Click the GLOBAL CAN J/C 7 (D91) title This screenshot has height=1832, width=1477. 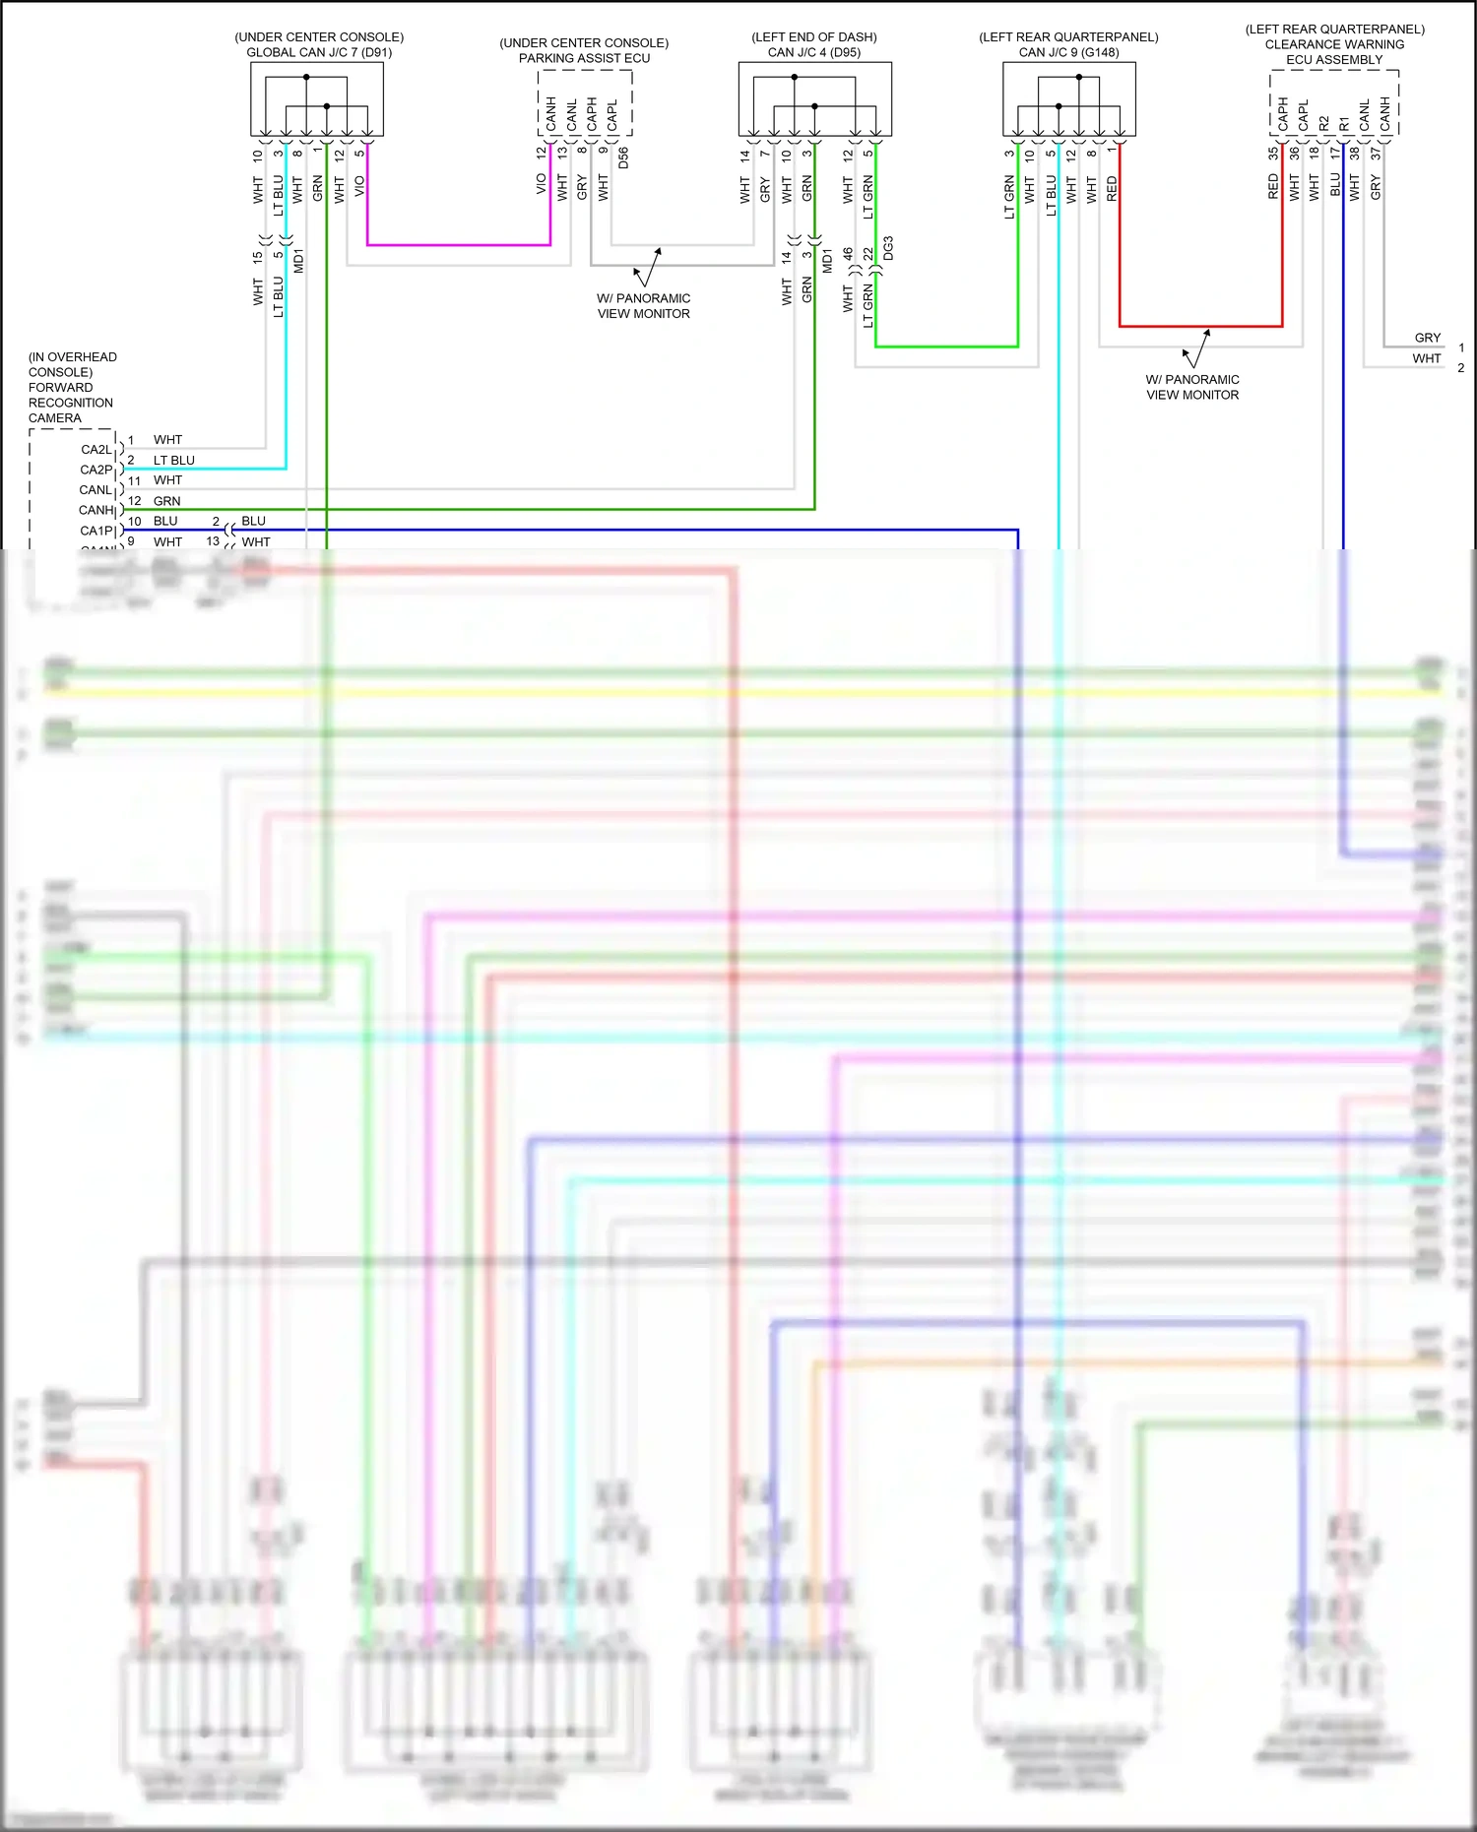(x=319, y=52)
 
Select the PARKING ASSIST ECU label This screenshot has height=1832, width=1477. (x=584, y=58)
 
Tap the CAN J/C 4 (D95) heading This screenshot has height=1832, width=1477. (x=813, y=52)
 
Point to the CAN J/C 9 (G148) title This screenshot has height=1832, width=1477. (x=1068, y=52)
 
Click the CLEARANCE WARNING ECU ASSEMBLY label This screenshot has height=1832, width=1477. (x=1334, y=52)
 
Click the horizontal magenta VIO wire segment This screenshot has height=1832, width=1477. (x=458, y=244)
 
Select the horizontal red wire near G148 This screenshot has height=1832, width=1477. (x=1201, y=326)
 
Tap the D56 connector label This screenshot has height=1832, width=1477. (x=623, y=158)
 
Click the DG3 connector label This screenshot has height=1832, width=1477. (x=888, y=248)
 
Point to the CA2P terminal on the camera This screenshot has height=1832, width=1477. (x=96, y=470)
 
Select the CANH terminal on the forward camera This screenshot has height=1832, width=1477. (x=96, y=510)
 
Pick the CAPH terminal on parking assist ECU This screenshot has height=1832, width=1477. (x=592, y=114)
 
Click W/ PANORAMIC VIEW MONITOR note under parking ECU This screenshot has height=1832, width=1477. (x=643, y=305)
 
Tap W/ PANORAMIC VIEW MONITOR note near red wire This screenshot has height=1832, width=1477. (x=1191, y=387)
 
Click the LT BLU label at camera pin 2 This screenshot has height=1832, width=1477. (x=173, y=460)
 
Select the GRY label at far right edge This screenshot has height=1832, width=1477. (x=1427, y=338)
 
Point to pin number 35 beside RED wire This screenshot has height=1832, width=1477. (x=1273, y=154)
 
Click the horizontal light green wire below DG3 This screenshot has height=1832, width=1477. (x=945, y=347)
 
